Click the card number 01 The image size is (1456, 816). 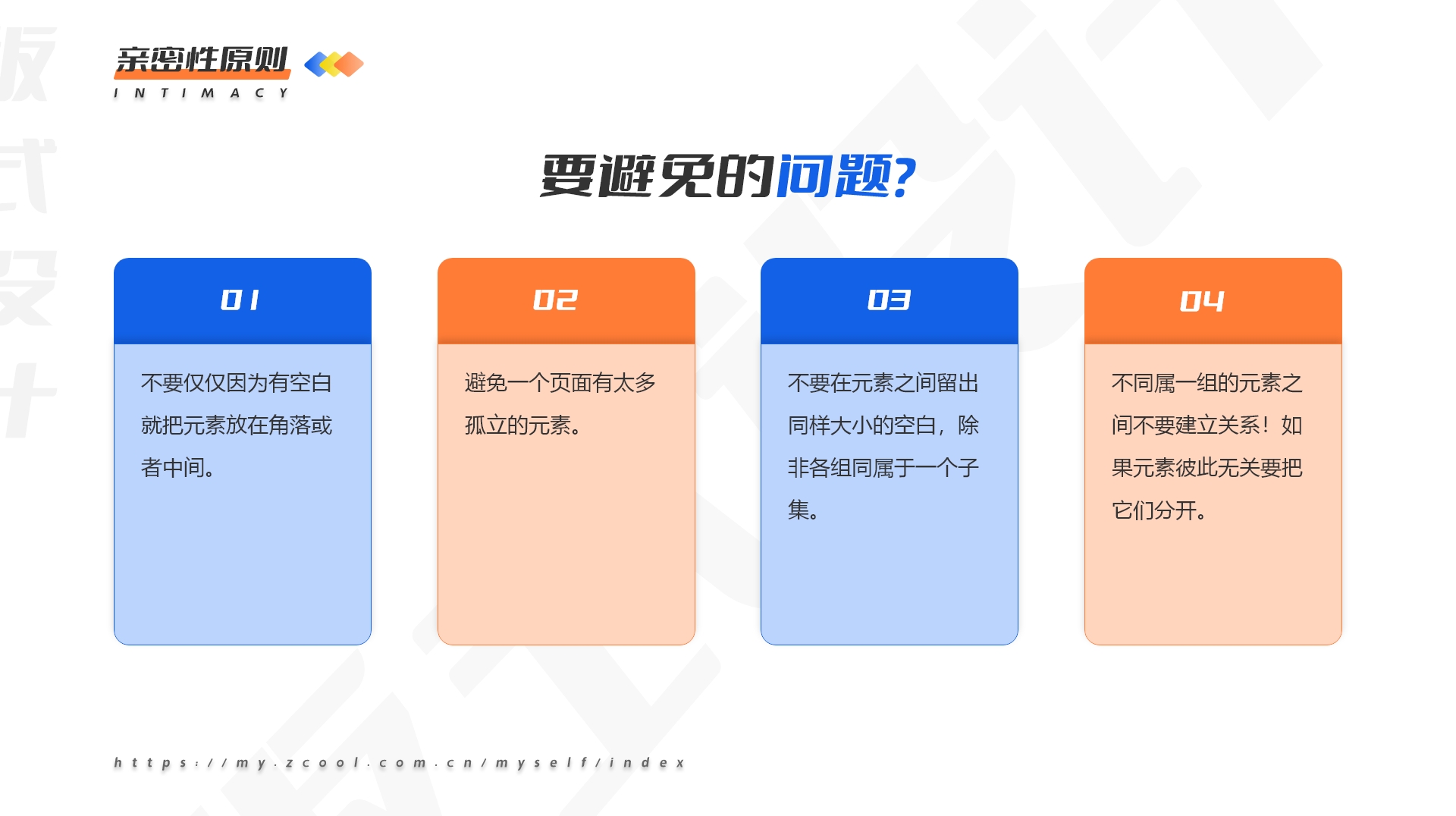240,300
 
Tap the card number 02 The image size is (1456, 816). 555,300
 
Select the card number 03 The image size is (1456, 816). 889,300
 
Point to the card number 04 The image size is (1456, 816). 1202,301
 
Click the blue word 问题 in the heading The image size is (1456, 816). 834,176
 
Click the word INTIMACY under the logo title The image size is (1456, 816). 201,93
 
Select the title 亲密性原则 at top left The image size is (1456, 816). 202,60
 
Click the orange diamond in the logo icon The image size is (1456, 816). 349,64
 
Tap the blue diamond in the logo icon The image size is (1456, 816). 317,64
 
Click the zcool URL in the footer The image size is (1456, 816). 400,762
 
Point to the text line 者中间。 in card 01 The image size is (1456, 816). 178,468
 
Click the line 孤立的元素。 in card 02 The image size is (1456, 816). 523,425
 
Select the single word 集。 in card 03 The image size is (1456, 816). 804,510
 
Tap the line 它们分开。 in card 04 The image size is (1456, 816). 1159,510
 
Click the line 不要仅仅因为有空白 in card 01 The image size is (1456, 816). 237,383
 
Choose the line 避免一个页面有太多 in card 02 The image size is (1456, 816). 560,383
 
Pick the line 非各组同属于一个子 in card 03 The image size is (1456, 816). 883,468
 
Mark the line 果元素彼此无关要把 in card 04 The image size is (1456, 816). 1207,468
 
